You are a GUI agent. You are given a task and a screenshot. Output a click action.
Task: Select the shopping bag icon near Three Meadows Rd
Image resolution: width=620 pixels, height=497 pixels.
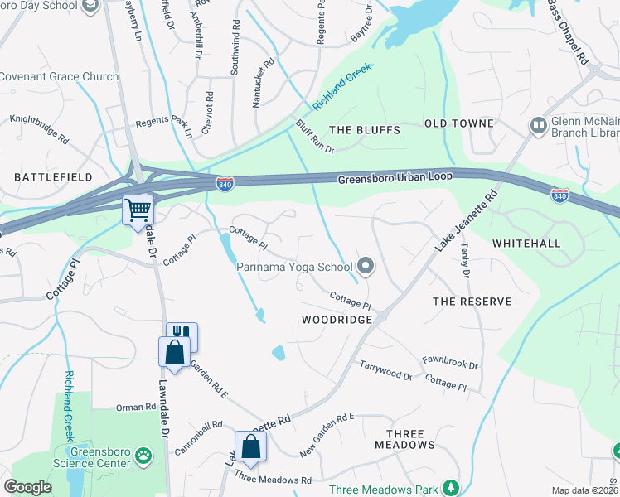pyautogui.click(x=250, y=446)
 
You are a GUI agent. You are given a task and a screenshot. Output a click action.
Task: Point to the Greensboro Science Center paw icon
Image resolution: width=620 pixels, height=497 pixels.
pyautogui.click(x=144, y=455)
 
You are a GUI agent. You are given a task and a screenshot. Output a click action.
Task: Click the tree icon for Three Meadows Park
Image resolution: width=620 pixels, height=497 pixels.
pyautogui.click(x=450, y=489)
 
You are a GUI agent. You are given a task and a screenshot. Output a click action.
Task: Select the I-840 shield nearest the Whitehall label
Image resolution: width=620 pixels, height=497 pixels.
pyautogui.click(x=559, y=195)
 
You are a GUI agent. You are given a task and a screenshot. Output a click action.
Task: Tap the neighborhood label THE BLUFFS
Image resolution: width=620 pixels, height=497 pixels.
pyautogui.click(x=365, y=130)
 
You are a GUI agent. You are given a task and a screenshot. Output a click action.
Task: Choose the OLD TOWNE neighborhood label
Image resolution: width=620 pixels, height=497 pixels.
pyautogui.click(x=459, y=123)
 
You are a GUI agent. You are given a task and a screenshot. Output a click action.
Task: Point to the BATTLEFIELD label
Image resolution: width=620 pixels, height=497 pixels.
pyautogui.click(x=51, y=177)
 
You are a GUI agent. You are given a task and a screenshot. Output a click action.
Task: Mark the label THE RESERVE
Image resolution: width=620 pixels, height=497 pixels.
pyautogui.click(x=472, y=302)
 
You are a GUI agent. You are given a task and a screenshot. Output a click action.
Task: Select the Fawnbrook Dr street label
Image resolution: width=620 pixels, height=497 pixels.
pyautogui.click(x=450, y=363)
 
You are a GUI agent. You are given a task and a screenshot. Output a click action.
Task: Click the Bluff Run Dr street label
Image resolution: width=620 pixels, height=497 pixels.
pyautogui.click(x=314, y=137)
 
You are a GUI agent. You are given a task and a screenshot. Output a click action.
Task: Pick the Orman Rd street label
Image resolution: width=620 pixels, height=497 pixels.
pyautogui.click(x=136, y=407)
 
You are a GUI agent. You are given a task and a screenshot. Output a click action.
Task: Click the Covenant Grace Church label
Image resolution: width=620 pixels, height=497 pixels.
pyautogui.click(x=59, y=77)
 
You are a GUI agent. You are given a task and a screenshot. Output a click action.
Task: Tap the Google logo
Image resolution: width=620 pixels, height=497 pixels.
pyautogui.click(x=29, y=487)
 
